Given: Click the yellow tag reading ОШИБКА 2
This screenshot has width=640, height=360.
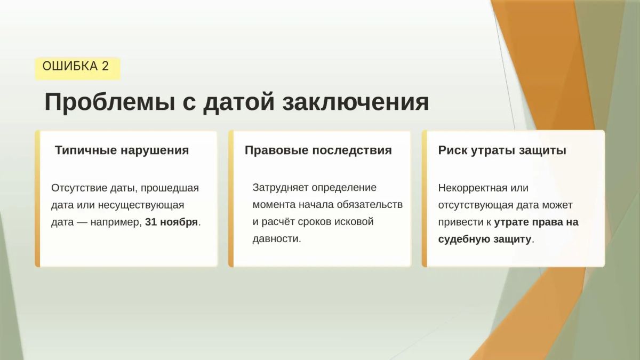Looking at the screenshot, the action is tap(78, 69).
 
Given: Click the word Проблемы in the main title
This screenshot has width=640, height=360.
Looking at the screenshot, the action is tap(110, 102).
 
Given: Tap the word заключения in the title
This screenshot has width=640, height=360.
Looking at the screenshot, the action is tap(356, 102).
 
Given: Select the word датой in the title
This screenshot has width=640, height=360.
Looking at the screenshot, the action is tap(239, 102).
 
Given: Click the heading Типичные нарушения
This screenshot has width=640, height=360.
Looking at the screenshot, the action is tap(122, 150).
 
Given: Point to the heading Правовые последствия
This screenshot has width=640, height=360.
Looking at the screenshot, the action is tap(318, 150).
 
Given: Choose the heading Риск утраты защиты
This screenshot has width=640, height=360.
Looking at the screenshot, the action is tap(502, 150).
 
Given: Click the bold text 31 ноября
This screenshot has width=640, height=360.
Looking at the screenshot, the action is tap(171, 222).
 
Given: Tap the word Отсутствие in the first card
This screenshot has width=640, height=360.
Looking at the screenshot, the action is tap(79, 188).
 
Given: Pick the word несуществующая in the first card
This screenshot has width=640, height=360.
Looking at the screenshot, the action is tap(141, 205).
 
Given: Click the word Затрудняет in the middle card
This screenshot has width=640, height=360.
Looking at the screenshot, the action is tap(280, 188).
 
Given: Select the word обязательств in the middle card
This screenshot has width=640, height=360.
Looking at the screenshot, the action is tap(370, 205).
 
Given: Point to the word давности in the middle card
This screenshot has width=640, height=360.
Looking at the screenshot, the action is tap(276, 239).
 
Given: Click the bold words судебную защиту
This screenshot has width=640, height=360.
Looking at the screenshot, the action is tap(485, 239).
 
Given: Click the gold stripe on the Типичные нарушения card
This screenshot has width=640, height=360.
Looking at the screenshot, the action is tap(37, 199).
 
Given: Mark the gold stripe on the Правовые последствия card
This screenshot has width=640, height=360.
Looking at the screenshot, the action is tap(231, 199).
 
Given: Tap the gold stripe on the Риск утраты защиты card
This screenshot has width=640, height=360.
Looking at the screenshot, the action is tap(425, 199).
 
